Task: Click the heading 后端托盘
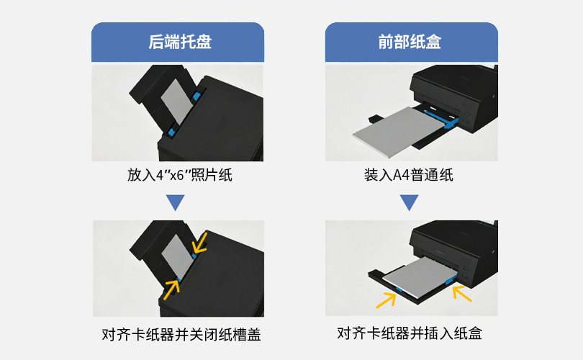(x=180, y=42)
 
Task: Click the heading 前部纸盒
(x=410, y=42)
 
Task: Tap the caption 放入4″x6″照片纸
(x=180, y=175)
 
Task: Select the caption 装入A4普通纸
(x=409, y=175)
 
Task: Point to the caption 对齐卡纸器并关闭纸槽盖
(x=181, y=334)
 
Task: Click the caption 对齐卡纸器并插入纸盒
(x=410, y=333)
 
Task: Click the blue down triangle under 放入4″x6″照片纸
(x=176, y=202)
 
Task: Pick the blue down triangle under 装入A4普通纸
(x=410, y=202)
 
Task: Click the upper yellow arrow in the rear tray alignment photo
(x=199, y=243)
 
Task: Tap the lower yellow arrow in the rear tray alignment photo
(x=171, y=289)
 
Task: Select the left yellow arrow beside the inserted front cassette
(x=386, y=300)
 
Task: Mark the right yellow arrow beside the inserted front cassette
(x=462, y=293)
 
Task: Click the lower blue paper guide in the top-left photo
(x=172, y=131)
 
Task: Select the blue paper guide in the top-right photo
(x=441, y=119)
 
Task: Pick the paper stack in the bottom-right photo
(x=417, y=277)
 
